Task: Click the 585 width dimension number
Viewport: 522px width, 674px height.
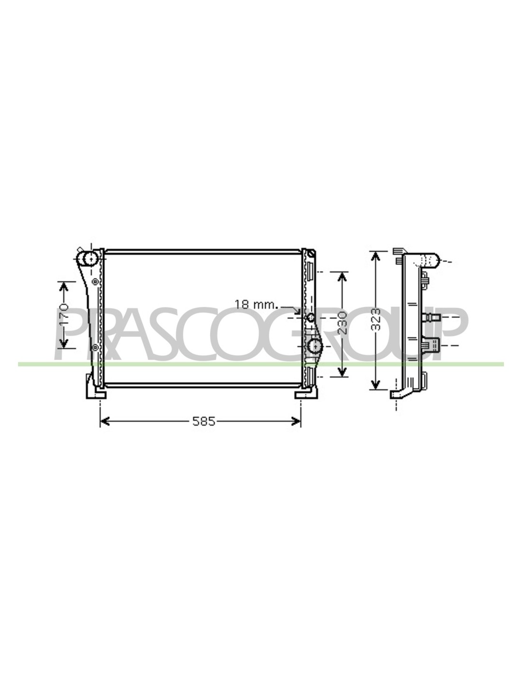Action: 204,421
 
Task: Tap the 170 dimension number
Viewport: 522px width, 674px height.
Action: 64,315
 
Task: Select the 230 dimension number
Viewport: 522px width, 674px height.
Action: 342,323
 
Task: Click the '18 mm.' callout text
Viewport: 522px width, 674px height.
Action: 255,304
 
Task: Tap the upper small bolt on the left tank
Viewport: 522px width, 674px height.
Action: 95,282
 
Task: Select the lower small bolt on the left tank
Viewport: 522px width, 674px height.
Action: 95,347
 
